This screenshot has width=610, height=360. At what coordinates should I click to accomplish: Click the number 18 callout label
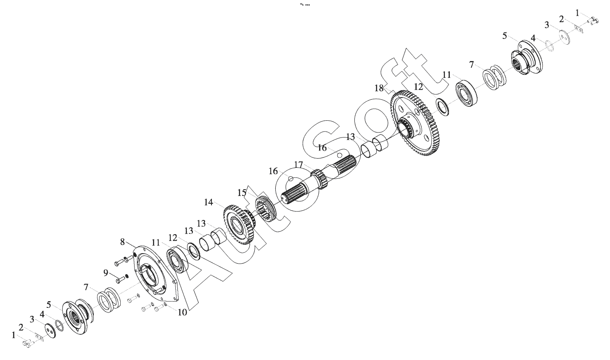[379, 88]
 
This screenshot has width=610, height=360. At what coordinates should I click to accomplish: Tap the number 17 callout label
[298, 164]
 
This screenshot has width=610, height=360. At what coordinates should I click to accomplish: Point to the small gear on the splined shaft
[319, 179]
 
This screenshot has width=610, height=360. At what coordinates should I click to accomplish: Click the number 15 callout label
[242, 193]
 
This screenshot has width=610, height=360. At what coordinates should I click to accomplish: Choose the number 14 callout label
[209, 202]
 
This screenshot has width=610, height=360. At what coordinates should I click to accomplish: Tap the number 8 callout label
[122, 241]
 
